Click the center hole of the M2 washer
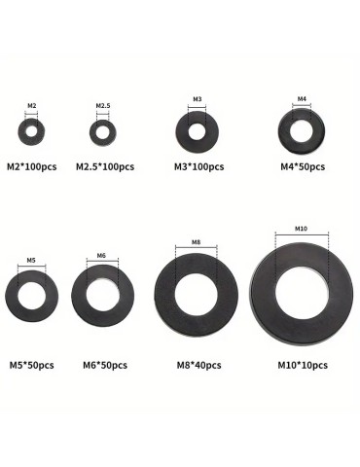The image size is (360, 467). [31, 131]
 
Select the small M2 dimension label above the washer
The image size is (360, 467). [31, 105]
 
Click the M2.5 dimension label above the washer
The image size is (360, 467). [103, 105]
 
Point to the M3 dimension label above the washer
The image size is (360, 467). [198, 99]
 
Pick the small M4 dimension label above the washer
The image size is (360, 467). [302, 98]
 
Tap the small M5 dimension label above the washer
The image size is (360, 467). [31, 260]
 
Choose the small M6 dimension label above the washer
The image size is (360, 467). [101, 256]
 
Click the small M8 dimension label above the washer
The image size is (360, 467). [196, 242]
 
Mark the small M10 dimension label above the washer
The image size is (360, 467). [301, 229]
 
